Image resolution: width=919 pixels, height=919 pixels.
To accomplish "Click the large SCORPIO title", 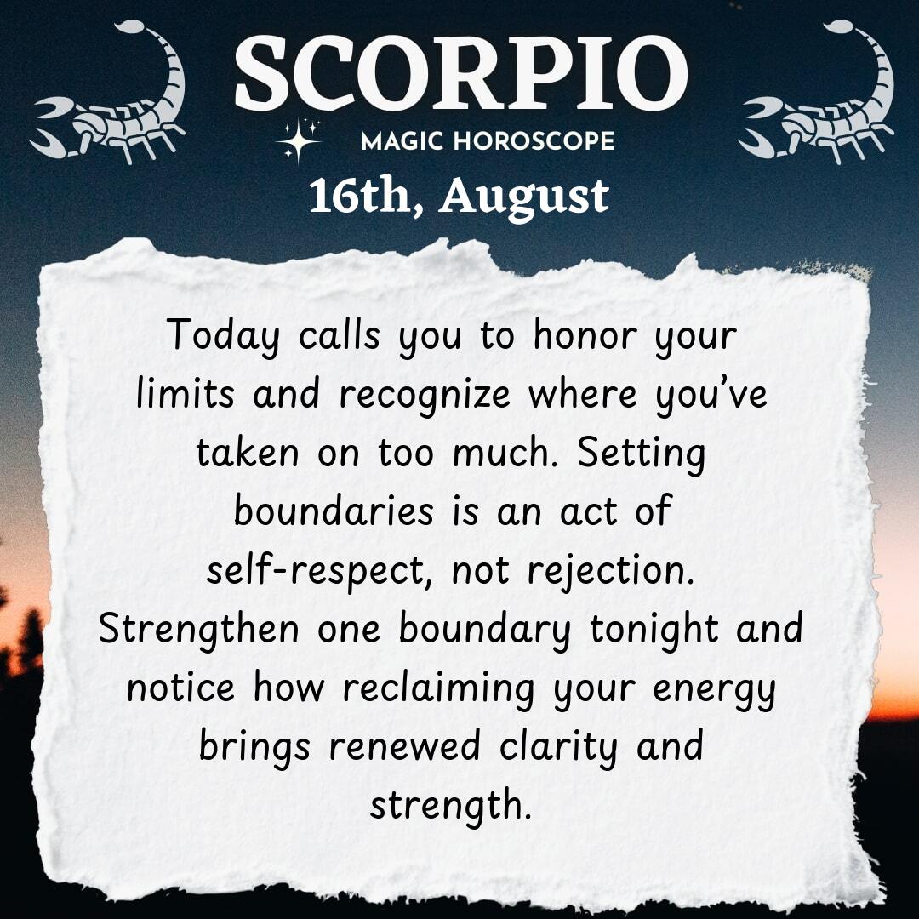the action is click(460, 72).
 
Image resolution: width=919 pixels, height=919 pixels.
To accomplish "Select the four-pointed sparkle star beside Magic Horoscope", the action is click(299, 140).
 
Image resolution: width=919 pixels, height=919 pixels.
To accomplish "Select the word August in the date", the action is click(524, 198).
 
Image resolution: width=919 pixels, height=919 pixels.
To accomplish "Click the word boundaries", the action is click(334, 511).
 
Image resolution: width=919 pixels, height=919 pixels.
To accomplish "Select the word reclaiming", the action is click(438, 689).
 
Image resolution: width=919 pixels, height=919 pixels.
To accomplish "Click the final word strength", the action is click(451, 807).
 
